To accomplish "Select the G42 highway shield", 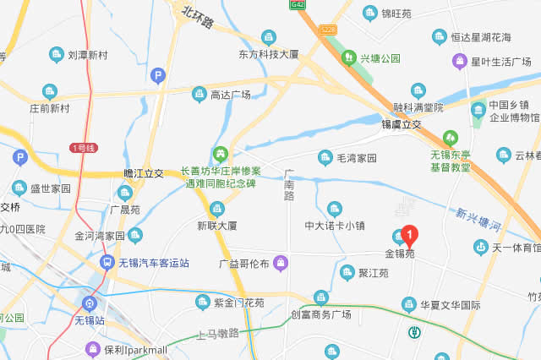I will point(297,4).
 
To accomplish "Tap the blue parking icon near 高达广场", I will point(156,76).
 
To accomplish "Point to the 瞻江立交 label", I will point(143,173).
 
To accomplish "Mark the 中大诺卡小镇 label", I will point(335,225).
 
